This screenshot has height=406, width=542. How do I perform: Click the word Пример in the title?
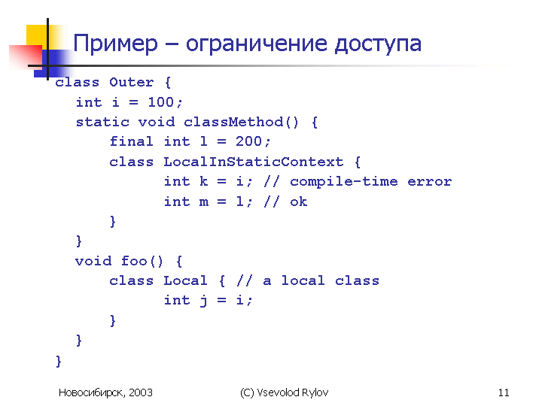click(115, 44)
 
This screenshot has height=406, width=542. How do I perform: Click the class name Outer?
click(131, 82)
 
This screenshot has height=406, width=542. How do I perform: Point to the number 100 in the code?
click(161, 102)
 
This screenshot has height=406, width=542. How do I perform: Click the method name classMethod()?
click(241, 122)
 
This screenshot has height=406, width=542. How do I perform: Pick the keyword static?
click(102, 122)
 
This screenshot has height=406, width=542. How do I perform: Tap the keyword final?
click(131, 141)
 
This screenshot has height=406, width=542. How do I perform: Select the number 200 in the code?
click(248, 141)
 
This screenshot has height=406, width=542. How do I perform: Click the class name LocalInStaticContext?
click(254, 162)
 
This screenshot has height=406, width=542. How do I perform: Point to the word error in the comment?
click(429, 182)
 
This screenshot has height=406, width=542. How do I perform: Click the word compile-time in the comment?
click(343, 182)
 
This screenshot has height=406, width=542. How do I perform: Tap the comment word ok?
click(299, 201)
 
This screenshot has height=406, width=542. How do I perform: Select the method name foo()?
click(142, 261)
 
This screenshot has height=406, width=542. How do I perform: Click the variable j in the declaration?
click(204, 300)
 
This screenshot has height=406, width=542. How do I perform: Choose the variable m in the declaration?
click(204, 203)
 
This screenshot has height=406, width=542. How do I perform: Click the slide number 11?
click(504, 392)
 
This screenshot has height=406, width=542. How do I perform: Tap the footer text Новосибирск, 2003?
click(105, 393)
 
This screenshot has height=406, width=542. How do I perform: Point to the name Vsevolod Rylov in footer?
click(292, 393)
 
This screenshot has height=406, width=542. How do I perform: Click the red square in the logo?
click(26, 57)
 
